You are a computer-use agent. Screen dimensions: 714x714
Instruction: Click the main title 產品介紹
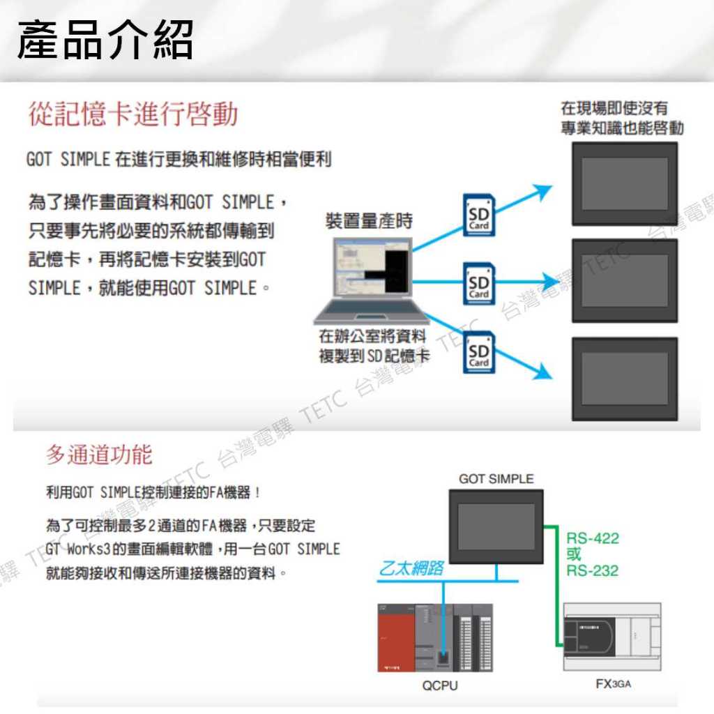[x=105, y=40]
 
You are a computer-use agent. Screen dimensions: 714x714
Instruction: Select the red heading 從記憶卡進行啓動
[x=133, y=114]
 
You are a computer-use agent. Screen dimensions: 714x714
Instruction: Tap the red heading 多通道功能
[x=99, y=455]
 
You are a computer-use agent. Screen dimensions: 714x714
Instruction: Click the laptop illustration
[x=371, y=280]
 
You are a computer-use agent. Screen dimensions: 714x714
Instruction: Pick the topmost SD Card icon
[x=479, y=215]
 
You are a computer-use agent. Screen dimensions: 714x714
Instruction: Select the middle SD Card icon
[x=479, y=283]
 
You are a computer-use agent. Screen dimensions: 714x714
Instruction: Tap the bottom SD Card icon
[x=479, y=352]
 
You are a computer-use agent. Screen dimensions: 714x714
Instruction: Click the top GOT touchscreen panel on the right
[x=625, y=183]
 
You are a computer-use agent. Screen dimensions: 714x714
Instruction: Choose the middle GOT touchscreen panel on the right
[x=625, y=280]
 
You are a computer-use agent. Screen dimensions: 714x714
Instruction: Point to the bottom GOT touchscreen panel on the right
[x=625, y=379]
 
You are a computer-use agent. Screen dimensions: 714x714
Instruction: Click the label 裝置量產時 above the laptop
[x=369, y=221]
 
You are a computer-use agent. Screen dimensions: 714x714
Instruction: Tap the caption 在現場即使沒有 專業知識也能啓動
[x=622, y=118]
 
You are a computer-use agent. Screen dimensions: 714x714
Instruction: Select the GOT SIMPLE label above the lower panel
[x=496, y=478]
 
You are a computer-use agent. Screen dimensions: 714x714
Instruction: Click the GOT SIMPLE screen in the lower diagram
[x=496, y=527]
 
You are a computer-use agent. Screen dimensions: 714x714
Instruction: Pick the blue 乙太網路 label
[x=411, y=568]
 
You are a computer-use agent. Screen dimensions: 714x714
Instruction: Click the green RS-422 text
[x=593, y=538]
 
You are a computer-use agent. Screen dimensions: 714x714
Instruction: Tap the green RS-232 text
[x=593, y=570]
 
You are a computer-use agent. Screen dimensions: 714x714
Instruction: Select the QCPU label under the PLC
[x=440, y=685]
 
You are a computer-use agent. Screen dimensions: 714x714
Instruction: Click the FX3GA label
[x=614, y=684]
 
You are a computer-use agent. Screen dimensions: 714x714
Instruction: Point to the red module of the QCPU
[x=396, y=637]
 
